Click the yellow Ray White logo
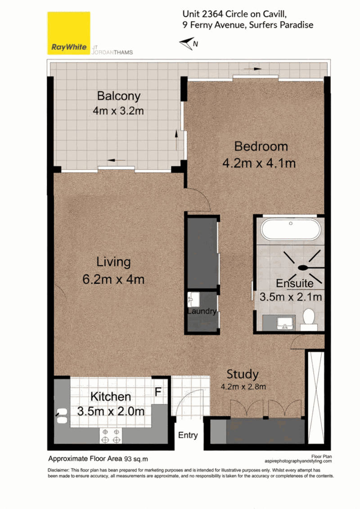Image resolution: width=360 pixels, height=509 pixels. click(x=68, y=33)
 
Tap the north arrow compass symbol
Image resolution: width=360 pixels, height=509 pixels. click(x=189, y=44)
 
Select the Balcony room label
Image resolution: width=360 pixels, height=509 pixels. click(x=119, y=96)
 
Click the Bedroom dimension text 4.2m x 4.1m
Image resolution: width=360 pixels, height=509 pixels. click(x=259, y=163)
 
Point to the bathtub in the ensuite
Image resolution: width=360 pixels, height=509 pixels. click(x=290, y=229)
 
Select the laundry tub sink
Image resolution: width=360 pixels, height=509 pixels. click(x=193, y=299)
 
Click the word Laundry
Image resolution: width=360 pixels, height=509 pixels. click(x=202, y=311)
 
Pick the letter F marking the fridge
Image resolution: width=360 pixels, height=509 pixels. click(x=158, y=392)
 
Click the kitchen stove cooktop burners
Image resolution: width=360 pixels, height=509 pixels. click(x=111, y=436)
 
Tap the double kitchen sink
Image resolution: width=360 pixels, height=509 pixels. click(x=62, y=416)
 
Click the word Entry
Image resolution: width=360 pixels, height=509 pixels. click(x=188, y=435)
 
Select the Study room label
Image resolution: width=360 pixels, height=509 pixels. click(x=243, y=374)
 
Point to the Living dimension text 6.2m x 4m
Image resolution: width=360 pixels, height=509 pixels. click(x=113, y=279)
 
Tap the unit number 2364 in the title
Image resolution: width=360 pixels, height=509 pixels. click(x=212, y=14)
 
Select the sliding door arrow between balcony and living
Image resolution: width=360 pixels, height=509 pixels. click(x=116, y=160)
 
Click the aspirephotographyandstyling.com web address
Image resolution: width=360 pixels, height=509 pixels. click(x=298, y=461)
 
